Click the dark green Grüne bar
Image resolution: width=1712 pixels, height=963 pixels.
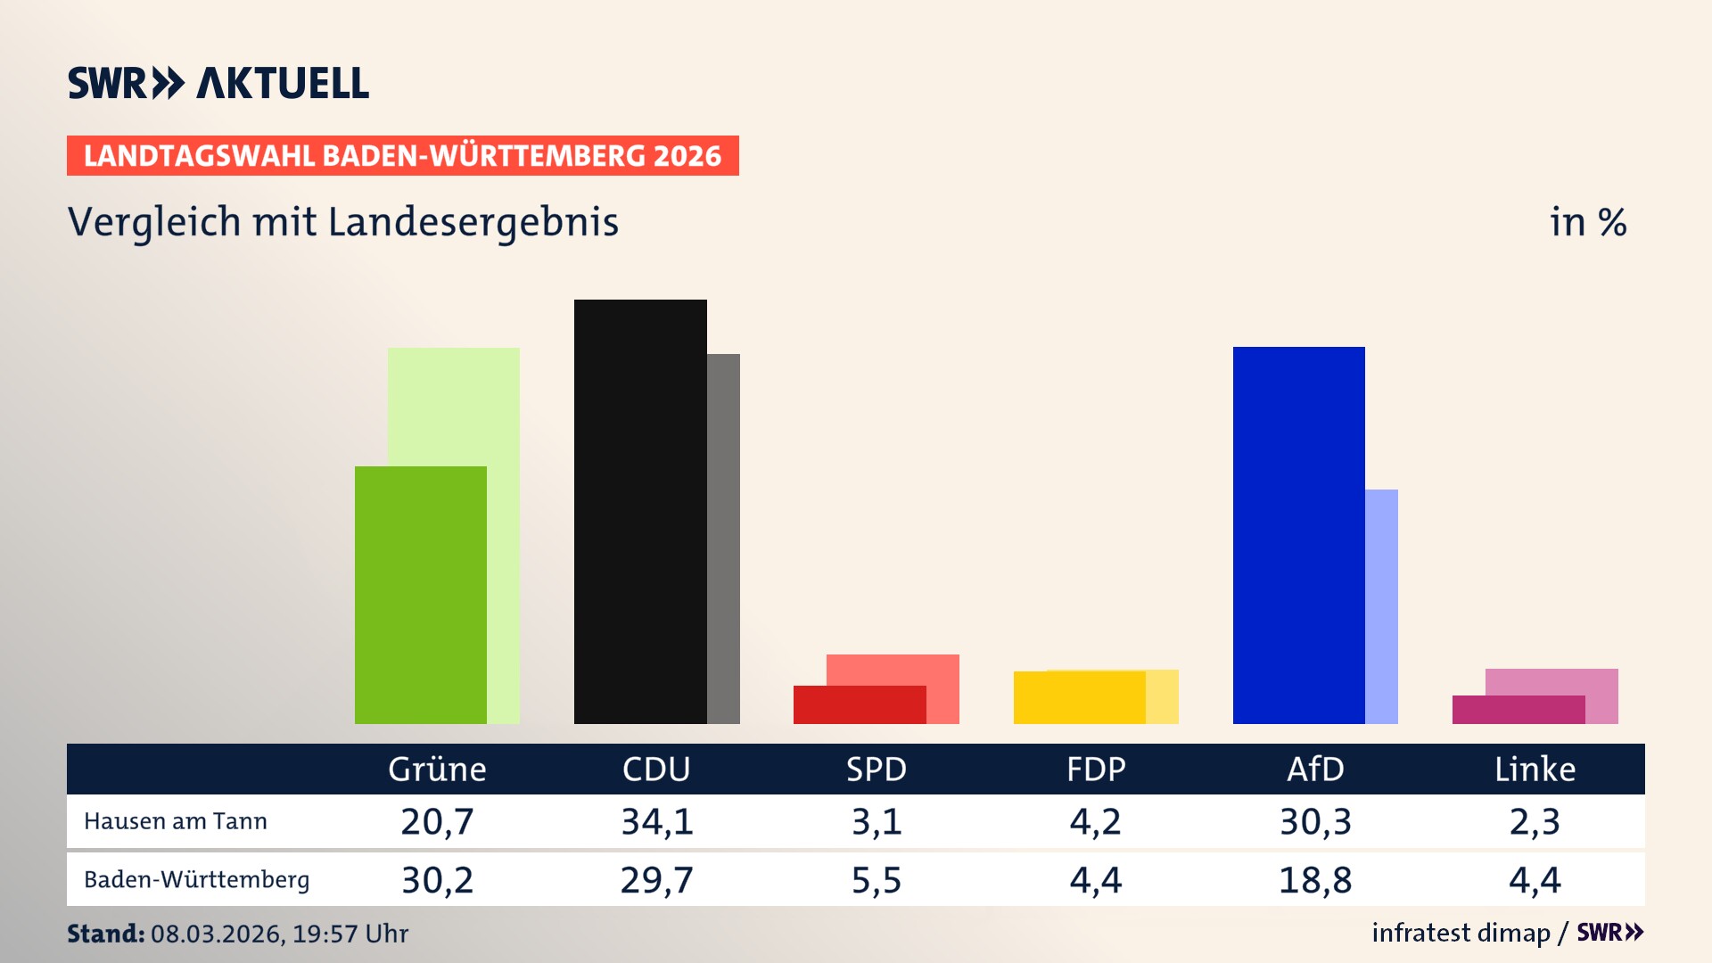(421, 595)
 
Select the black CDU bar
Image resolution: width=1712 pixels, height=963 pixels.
(640, 512)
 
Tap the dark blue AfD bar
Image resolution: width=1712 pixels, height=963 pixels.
(1298, 535)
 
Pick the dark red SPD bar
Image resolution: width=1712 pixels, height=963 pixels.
(860, 704)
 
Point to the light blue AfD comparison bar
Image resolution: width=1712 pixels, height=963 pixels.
(1381, 606)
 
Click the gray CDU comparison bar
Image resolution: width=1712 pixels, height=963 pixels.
(723, 539)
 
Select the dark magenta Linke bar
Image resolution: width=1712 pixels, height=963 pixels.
(1519, 710)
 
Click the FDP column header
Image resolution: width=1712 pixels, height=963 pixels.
(1096, 769)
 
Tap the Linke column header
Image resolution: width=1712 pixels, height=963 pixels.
(1535, 769)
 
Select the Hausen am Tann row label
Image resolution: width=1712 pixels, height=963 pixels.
(176, 821)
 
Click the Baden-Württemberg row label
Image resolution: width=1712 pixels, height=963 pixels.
(197, 880)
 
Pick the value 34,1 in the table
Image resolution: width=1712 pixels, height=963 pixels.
(657, 821)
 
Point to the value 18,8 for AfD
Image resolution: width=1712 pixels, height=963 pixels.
(1315, 880)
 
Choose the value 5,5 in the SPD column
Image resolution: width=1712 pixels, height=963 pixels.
(877, 880)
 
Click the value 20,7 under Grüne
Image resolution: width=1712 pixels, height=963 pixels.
(437, 821)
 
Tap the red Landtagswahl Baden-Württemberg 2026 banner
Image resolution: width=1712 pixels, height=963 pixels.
(402, 156)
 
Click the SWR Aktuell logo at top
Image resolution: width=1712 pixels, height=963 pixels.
(218, 83)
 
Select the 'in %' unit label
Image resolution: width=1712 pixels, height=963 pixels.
(1587, 222)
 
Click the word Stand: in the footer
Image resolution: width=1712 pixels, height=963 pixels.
(105, 934)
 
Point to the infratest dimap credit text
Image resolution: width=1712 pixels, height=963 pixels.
(1461, 933)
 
